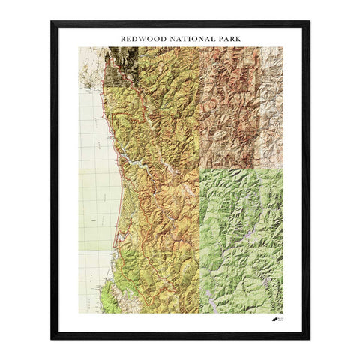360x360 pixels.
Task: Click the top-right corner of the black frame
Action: [x=308, y=22]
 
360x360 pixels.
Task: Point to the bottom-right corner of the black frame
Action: [x=308, y=338]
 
